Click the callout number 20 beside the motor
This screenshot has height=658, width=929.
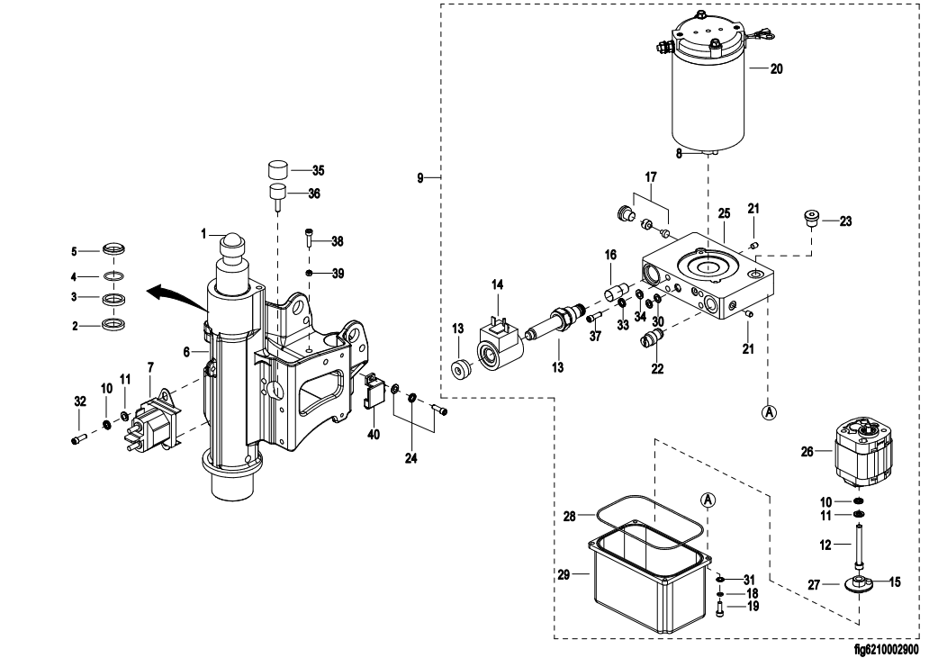pyautogui.click(x=777, y=68)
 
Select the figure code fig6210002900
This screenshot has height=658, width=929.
pyautogui.click(x=886, y=648)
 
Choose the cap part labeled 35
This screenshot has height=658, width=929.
pyautogui.click(x=277, y=169)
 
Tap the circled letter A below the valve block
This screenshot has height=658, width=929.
pyautogui.click(x=769, y=412)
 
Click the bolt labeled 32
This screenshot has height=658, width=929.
pyautogui.click(x=77, y=439)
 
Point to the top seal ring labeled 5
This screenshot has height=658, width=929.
pyautogui.click(x=113, y=249)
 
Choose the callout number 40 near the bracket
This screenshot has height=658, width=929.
pyautogui.click(x=374, y=434)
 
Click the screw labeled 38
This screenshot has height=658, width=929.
pyautogui.click(x=309, y=239)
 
